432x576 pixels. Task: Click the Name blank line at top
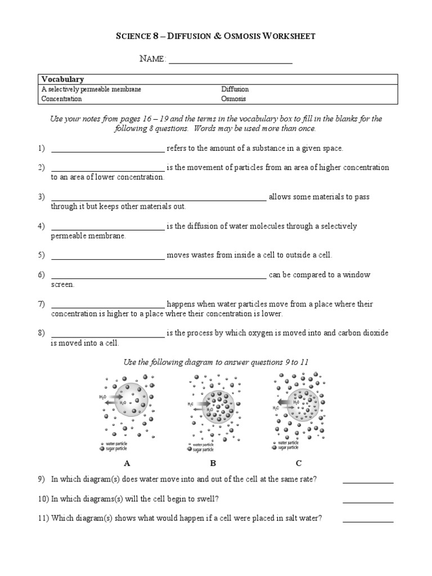pos(231,62)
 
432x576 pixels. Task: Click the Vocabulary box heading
pos(62,80)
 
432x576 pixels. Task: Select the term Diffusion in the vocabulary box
pos(235,89)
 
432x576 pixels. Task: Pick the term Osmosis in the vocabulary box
pos(233,99)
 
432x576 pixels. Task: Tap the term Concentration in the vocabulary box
pos(61,99)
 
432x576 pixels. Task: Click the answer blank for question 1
pos(107,150)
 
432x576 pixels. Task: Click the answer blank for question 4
pos(107,228)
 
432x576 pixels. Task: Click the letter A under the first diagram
pos(127,463)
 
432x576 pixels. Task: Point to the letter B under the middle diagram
pos(213,463)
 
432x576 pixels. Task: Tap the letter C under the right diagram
pos(299,463)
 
